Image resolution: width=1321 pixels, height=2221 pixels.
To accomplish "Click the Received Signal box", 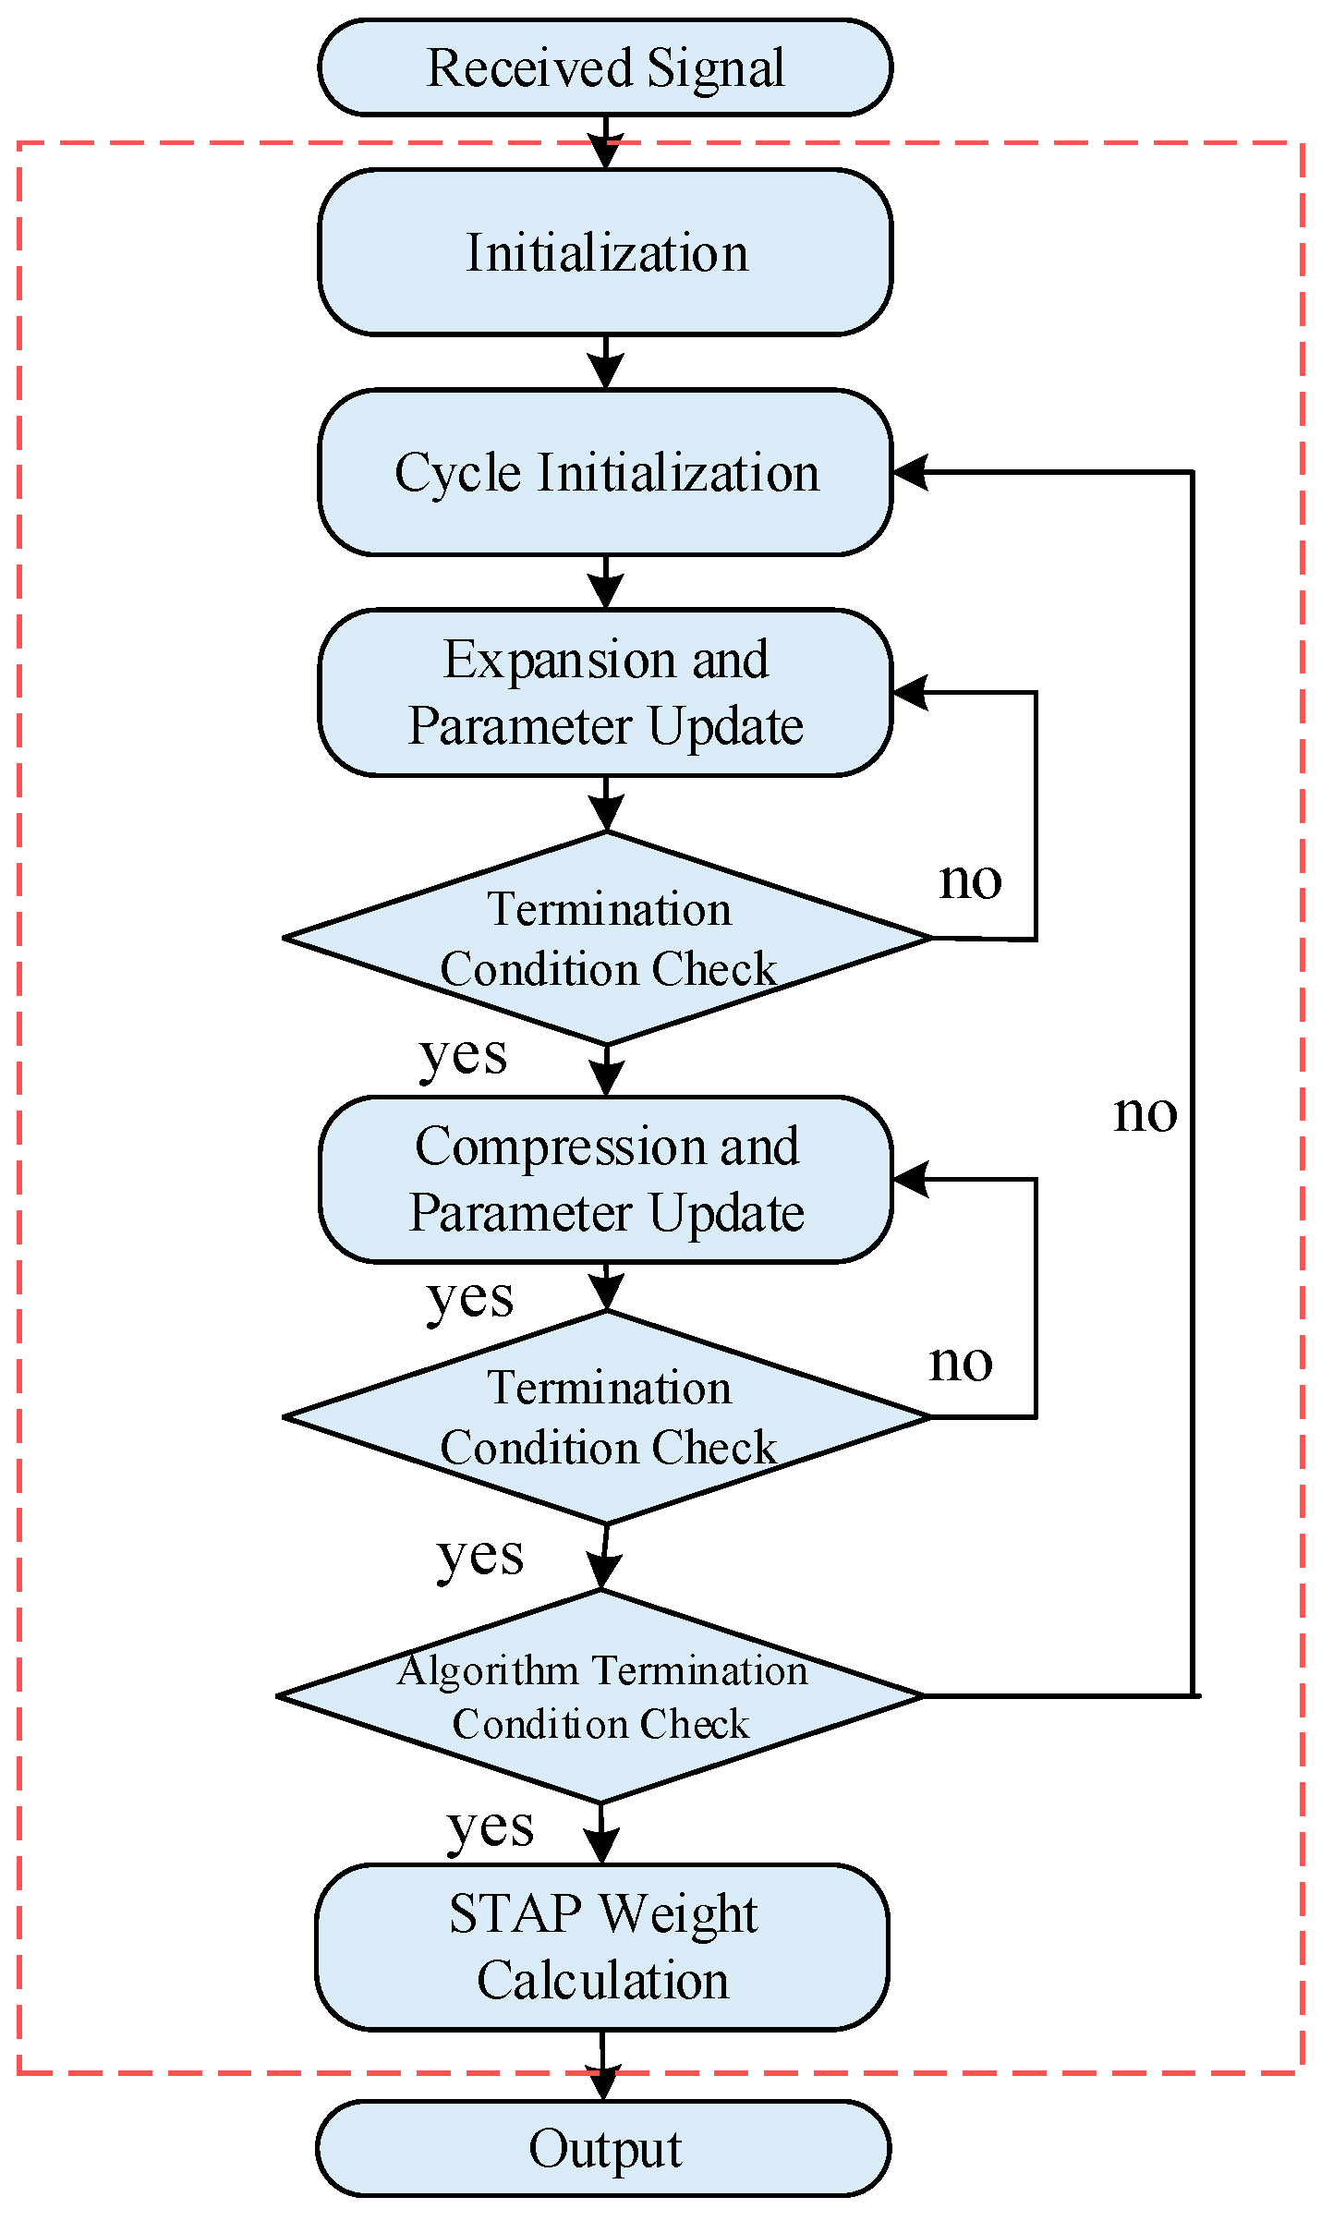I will pyautogui.click(x=605, y=67).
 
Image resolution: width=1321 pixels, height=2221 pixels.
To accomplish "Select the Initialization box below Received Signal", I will pyautogui.click(x=605, y=252).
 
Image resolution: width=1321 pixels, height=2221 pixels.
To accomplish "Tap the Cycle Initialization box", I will pyautogui.click(x=605, y=472).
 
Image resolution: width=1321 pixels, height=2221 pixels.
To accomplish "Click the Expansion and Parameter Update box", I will pyautogui.click(x=605, y=692).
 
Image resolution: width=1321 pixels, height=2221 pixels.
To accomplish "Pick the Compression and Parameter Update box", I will pyautogui.click(x=605, y=1180).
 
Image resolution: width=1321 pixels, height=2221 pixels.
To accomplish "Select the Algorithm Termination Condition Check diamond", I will pyautogui.click(x=600, y=1696).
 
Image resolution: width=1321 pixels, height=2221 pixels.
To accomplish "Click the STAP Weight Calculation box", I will pyautogui.click(x=602, y=1947).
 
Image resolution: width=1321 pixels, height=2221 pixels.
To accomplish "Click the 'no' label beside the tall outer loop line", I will pyautogui.click(x=1145, y=1113).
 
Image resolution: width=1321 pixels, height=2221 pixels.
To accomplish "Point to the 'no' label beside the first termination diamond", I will pyautogui.click(x=970, y=880).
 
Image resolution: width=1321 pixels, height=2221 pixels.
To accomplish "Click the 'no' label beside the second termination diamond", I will pyautogui.click(x=961, y=1363).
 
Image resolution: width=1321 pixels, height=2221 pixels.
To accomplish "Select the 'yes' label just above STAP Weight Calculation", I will pyautogui.click(x=491, y=1827).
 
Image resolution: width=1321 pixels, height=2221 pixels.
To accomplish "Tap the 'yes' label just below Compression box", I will pyautogui.click(x=470, y=1298).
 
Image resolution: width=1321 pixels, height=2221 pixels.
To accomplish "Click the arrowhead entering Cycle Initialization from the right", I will pyautogui.click(x=911, y=472).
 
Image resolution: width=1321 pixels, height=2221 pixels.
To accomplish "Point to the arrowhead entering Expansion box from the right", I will pyautogui.click(x=911, y=692).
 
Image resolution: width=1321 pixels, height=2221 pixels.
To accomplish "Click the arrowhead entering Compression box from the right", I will pyautogui.click(x=911, y=1180).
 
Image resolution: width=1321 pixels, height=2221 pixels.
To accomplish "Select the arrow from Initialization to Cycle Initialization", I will pyautogui.click(x=605, y=363).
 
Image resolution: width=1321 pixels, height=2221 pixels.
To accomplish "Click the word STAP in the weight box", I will pyautogui.click(x=515, y=1913).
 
